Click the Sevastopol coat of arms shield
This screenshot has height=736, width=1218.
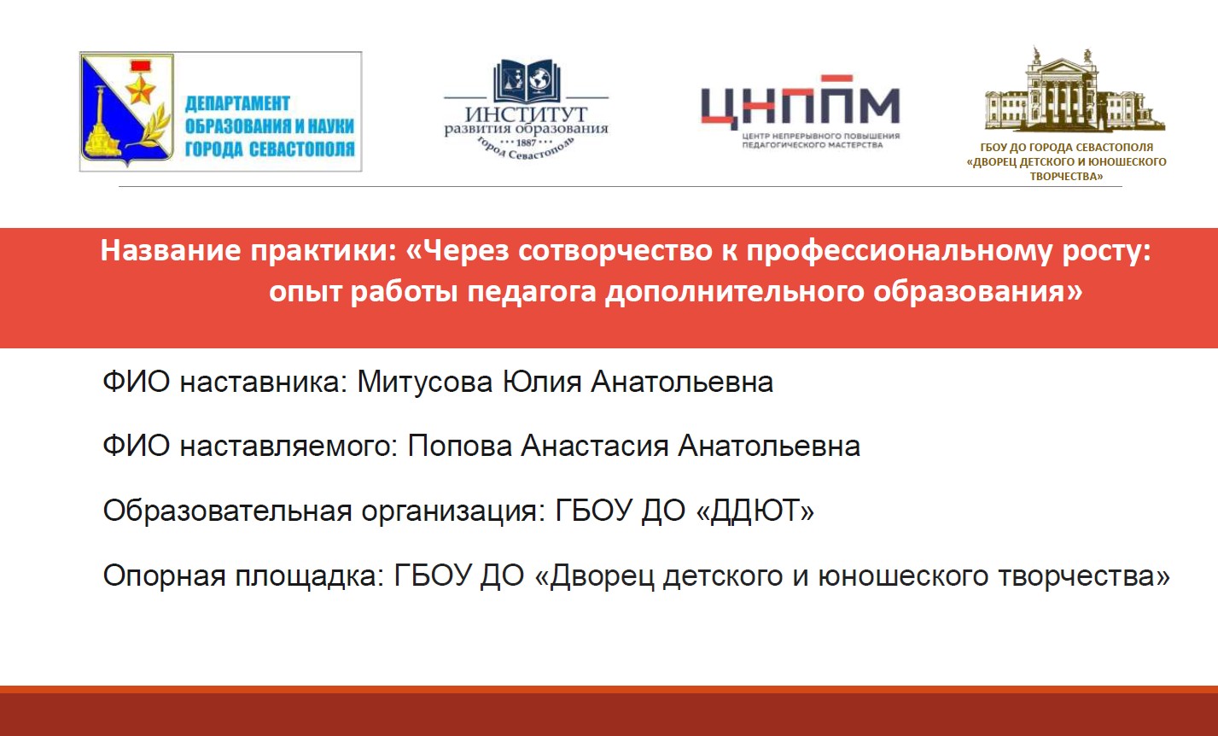click(x=126, y=109)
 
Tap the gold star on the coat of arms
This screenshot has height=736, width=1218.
click(x=142, y=89)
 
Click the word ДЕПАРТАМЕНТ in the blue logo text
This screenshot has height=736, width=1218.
click(x=237, y=103)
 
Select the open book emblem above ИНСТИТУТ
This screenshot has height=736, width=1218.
click(x=527, y=81)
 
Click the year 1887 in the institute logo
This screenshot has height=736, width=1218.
click(x=526, y=143)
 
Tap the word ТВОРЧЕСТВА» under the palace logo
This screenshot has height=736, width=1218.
click(x=1066, y=176)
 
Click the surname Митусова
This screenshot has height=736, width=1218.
click(x=425, y=382)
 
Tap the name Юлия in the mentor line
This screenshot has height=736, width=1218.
click(x=542, y=382)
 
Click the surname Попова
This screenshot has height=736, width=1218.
click(x=460, y=446)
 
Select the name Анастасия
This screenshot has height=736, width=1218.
click(x=595, y=446)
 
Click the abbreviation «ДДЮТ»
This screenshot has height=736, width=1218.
click(x=755, y=511)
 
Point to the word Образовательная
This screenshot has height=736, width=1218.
click(x=227, y=511)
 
